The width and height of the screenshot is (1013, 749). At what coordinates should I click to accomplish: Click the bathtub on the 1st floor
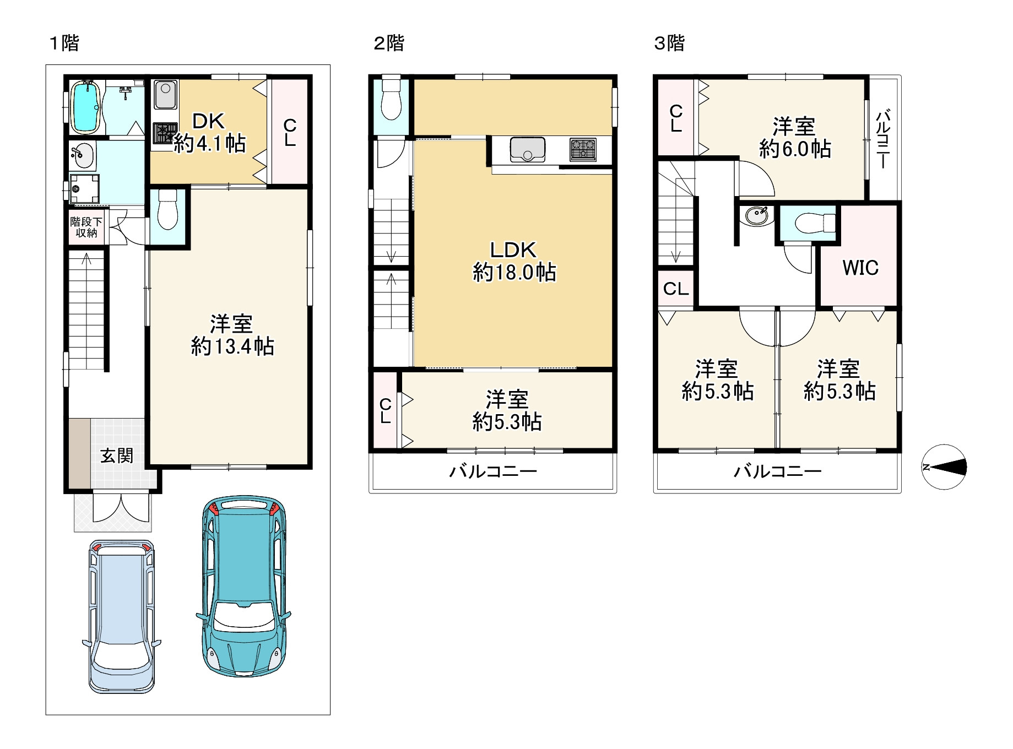pyautogui.click(x=85, y=107)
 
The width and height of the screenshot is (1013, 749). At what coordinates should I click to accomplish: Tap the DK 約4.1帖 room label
pyautogui.click(x=209, y=132)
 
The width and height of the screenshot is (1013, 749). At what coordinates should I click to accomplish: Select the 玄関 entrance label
pyautogui.click(x=117, y=455)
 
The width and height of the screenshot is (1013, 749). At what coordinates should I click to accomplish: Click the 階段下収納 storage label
pyautogui.click(x=86, y=227)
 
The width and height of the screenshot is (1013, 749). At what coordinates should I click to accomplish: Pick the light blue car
pyautogui.click(x=122, y=616)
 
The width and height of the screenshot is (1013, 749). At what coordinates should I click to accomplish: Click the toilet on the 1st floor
pyautogui.click(x=167, y=210)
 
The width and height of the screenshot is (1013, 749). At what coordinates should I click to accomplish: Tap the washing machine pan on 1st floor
pyautogui.click(x=84, y=189)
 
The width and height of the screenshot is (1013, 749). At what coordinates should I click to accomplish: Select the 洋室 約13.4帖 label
pyautogui.click(x=232, y=335)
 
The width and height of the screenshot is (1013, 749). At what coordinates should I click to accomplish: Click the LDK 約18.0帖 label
pyautogui.click(x=514, y=261)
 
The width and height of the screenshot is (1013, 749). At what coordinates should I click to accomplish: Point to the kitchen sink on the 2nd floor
pyautogui.click(x=527, y=149)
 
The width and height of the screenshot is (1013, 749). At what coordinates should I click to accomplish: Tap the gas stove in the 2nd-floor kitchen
pyautogui.click(x=583, y=149)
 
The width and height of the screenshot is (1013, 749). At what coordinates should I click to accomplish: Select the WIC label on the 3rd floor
pyautogui.click(x=860, y=268)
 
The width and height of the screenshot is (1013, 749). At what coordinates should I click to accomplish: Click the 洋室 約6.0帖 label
pyautogui.click(x=795, y=138)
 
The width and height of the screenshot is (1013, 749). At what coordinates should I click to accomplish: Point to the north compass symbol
pyautogui.click(x=944, y=467)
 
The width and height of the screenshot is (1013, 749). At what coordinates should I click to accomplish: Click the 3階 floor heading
pyautogui.click(x=669, y=43)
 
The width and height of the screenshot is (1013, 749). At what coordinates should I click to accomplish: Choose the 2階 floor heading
pyautogui.click(x=389, y=43)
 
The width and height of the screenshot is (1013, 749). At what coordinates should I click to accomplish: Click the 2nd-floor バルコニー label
pyautogui.click(x=493, y=471)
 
